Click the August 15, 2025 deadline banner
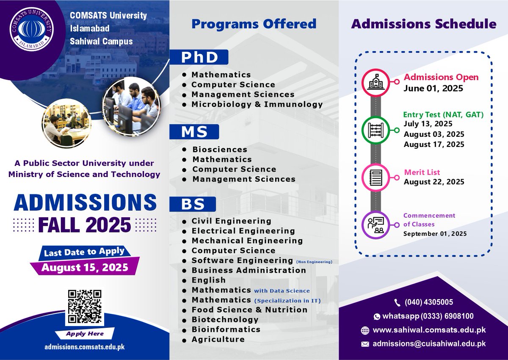[x=85, y=267]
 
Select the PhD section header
[x=199, y=57]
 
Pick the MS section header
[x=194, y=132]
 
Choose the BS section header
[x=193, y=204]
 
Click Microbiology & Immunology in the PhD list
[x=257, y=104]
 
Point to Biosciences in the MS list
[x=220, y=150]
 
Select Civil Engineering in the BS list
[x=231, y=221]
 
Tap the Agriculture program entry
[x=218, y=339]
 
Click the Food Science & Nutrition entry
[x=249, y=310]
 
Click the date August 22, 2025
[x=434, y=182]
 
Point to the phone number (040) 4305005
[x=428, y=302]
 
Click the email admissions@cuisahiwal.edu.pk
[x=429, y=344]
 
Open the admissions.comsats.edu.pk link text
[x=85, y=347]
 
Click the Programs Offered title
[x=254, y=24]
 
